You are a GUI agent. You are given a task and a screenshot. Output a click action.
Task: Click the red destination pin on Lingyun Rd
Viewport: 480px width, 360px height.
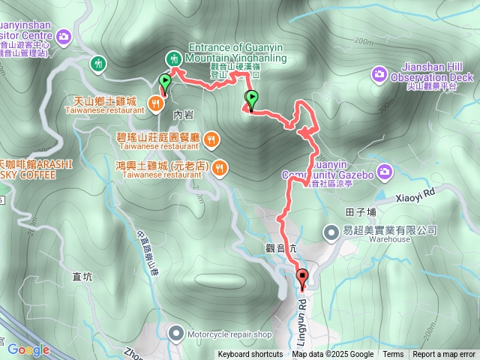pyautogui.click(x=303, y=277)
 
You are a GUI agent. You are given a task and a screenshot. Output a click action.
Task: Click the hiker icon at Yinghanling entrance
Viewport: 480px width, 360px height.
pyautogui.click(x=173, y=58)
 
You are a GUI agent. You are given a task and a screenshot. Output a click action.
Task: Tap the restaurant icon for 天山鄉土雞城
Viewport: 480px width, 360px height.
pyautogui.click(x=157, y=104)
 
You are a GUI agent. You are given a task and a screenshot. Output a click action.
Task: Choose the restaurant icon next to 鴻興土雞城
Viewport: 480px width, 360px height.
pyautogui.click(x=219, y=167)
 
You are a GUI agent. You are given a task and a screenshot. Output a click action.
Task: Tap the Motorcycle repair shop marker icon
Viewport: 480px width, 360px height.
pyautogui.click(x=175, y=331)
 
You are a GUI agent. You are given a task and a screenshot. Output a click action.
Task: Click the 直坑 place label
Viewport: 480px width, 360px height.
pyautogui.click(x=82, y=277)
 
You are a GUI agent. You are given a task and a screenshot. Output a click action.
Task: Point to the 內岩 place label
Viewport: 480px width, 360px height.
pyautogui.click(x=183, y=115)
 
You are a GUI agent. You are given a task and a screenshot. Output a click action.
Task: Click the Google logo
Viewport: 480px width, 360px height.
pyautogui.click(x=28, y=349)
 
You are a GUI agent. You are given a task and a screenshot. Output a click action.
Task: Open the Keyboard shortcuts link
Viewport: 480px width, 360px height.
pyautogui.click(x=250, y=355)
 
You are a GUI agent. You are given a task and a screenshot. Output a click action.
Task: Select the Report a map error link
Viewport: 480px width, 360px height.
pyautogui.click(x=444, y=355)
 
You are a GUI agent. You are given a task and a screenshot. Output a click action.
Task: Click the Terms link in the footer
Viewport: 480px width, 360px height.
pyautogui.click(x=393, y=355)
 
